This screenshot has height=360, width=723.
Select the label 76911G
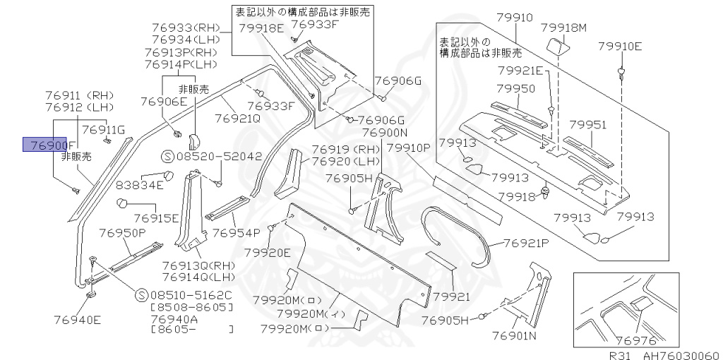103,129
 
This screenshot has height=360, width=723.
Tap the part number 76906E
163,102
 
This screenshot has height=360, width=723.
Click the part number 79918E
261,28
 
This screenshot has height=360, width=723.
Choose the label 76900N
385,133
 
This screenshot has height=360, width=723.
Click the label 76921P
526,243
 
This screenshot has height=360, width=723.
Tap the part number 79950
515,89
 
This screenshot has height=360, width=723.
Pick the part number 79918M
564,28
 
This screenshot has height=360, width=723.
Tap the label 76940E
77,319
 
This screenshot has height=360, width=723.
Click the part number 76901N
515,335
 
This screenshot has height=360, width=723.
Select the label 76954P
237,232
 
